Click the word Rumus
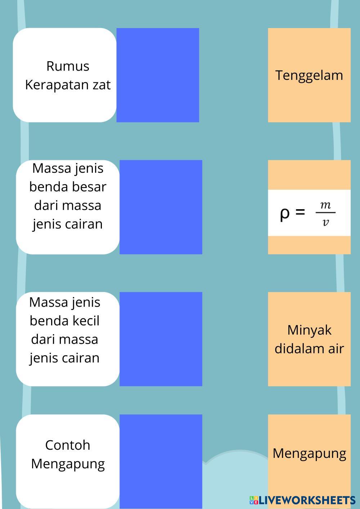[x=68, y=66]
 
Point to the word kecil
[x=86, y=321]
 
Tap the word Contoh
[x=68, y=445]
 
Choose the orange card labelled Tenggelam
[x=309, y=75]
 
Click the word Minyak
[x=309, y=330]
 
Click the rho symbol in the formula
[x=284, y=213]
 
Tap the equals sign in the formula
[x=300, y=212]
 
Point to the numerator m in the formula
[x=325, y=205]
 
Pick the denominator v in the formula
[x=325, y=222]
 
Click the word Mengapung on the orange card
[x=309, y=453]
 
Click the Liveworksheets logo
[x=302, y=500]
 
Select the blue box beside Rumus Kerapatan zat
[x=158, y=75]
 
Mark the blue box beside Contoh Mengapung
[x=161, y=461]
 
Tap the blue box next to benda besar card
[x=161, y=207]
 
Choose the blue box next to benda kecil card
[x=161, y=339]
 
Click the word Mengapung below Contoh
[x=68, y=464]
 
